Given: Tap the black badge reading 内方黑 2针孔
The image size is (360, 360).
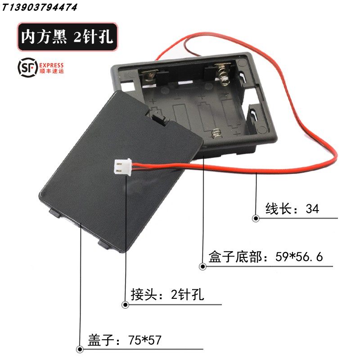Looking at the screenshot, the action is pyautogui.click(x=67, y=36).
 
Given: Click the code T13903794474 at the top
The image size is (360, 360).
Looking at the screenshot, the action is pyautogui.click(x=39, y=7).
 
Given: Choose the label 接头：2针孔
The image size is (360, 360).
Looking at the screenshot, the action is pyautogui.click(x=167, y=295).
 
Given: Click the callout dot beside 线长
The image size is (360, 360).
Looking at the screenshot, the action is pyautogui.click(x=256, y=218).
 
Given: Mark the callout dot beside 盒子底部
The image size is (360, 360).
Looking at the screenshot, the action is pyautogui.click(x=202, y=266).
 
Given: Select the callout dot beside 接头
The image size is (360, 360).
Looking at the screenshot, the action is pyautogui.click(x=125, y=305).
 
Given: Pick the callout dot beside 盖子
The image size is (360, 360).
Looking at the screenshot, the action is pyautogui.click(x=80, y=349).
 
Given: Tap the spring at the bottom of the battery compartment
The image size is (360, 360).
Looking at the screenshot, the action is pyautogui.click(x=216, y=133).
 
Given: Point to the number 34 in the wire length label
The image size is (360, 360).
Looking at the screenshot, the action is pyautogui.click(x=312, y=209).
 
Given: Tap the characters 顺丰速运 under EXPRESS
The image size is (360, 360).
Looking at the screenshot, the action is pyautogui.click(x=52, y=71).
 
